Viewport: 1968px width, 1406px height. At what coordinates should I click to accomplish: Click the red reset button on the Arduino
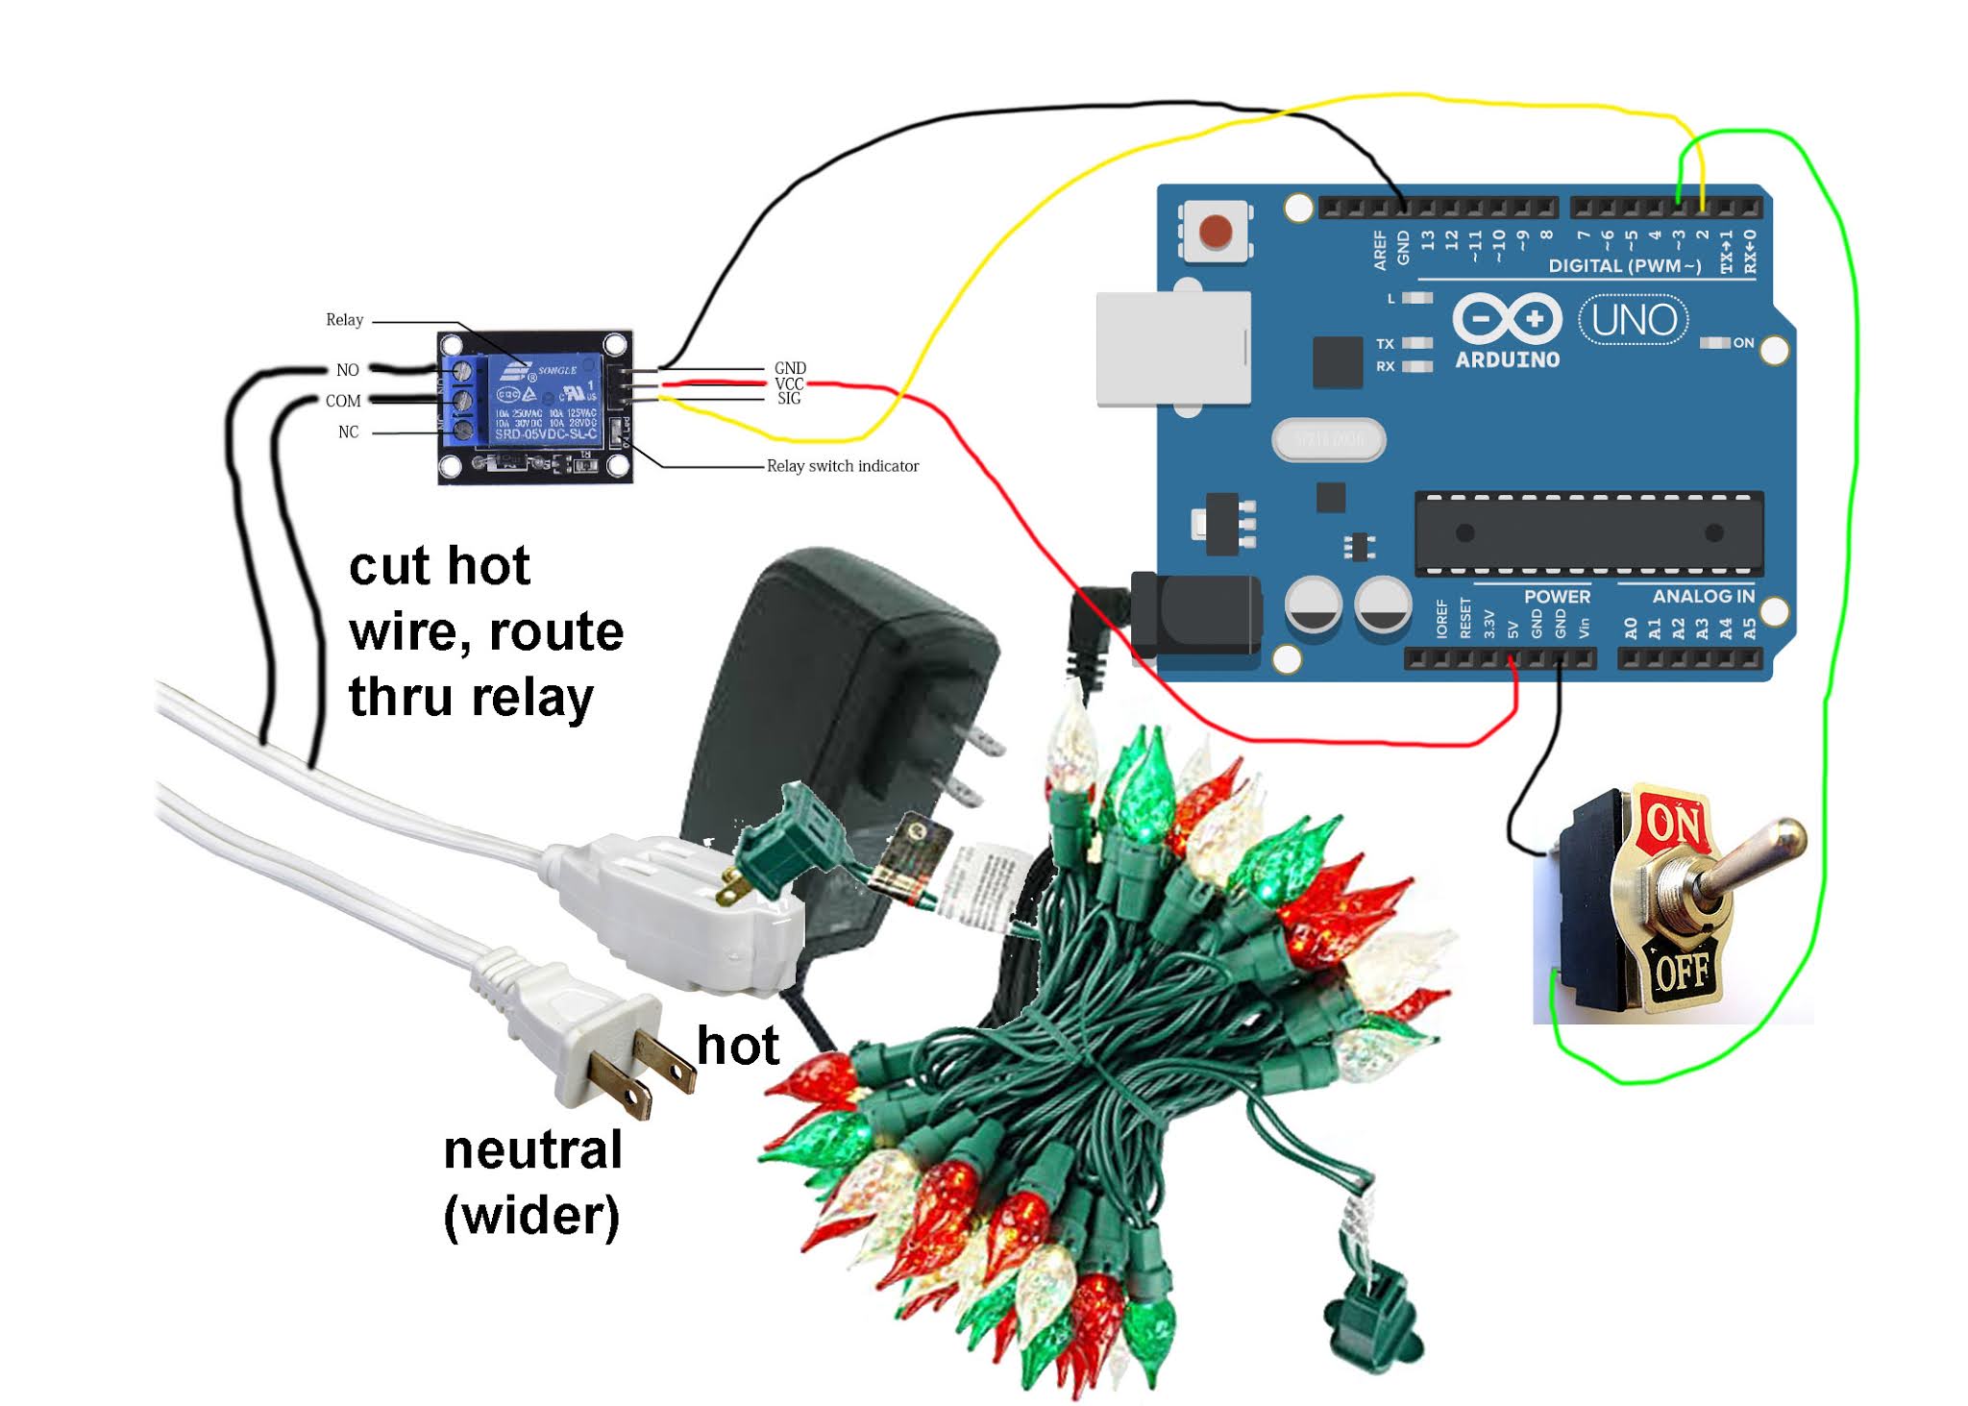1216,232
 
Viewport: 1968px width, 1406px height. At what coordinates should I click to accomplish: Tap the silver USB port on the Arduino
1173,348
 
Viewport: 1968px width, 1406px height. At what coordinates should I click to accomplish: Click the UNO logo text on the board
1634,321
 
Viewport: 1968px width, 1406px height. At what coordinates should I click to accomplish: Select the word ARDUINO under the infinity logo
1507,360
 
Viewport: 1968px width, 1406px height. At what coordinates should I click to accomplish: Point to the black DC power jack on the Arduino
1197,614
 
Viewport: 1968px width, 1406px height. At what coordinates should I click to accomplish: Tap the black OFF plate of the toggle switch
1682,972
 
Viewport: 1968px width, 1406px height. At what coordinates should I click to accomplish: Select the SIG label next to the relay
789,399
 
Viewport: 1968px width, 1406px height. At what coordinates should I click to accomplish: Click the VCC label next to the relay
789,383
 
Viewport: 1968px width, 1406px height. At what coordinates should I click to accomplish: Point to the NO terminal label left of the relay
347,370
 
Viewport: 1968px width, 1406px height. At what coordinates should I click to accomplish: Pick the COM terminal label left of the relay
343,401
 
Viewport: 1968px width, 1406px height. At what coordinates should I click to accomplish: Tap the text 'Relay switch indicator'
843,466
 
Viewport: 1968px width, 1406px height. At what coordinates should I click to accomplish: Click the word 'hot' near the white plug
737,1046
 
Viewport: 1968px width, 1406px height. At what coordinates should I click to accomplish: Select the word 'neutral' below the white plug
533,1149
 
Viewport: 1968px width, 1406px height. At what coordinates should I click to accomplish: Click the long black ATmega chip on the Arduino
1588,533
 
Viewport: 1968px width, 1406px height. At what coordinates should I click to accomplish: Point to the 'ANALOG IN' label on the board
1703,597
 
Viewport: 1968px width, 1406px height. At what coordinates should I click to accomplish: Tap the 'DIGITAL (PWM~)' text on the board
1624,265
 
